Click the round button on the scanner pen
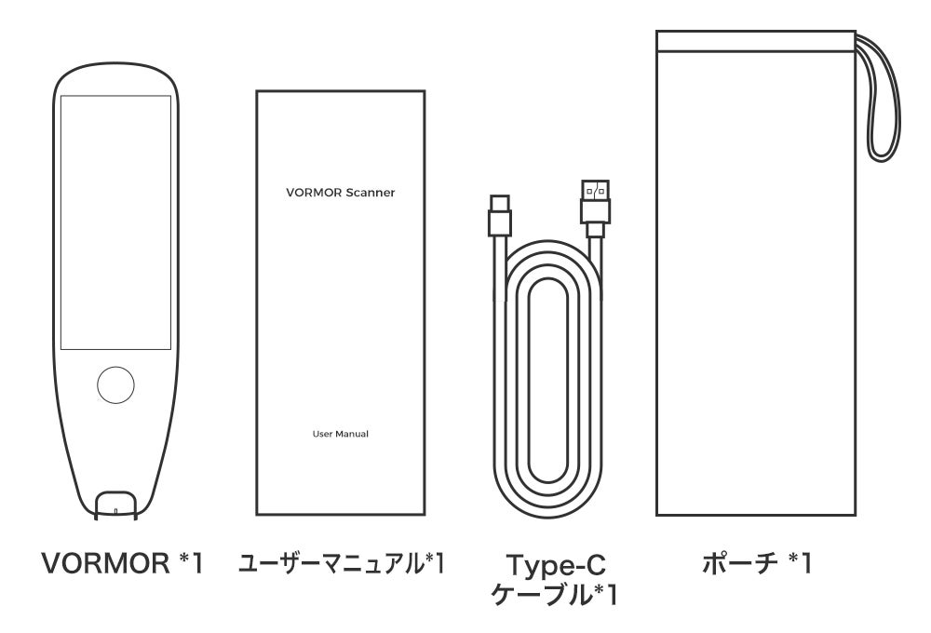(115, 385)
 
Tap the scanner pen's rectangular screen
(115, 222)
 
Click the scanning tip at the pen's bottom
(116, 505)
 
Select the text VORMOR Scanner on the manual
(340, 193)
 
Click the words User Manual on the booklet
(340, 434)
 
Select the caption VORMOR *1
(123, 563)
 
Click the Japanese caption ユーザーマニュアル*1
(342, 563)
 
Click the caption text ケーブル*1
(555, 595)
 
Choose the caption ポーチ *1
(756, 563)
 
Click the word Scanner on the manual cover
(370, 193)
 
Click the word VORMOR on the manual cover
(314, 193)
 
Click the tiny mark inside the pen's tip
(116, 510)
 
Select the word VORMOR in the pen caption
(106, 563)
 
